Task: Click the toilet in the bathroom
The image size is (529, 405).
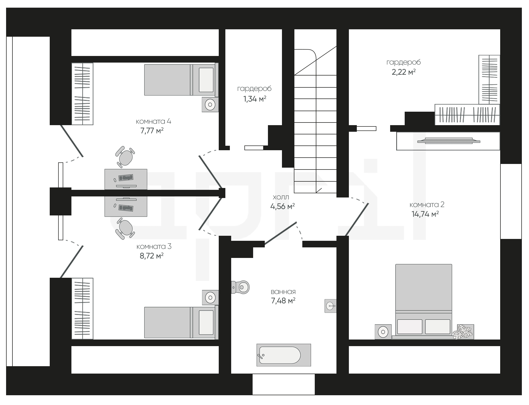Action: pyautogui.click(x=240, y=287)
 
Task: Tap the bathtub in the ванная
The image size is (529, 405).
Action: pyautogui.click(x=284, y=355)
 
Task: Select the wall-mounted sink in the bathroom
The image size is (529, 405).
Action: pyautogui.click(x=331, y=306)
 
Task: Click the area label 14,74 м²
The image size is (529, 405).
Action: pyautogui.click(x=425, y=214)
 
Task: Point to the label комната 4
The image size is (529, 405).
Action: pyautogui.click(x=153, y=121)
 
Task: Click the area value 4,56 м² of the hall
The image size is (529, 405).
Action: pyautogui.click(x=282, y=206)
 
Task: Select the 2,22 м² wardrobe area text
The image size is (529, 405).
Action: pyautogui.click(x=404, y=72)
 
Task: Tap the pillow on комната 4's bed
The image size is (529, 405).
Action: pyautogui.click(x=206, y=80)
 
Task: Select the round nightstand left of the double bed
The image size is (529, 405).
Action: pyautogui.click(x=383, y=332)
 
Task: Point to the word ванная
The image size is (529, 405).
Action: pyautogui.click(x=283, y=292)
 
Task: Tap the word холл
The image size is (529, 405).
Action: pyautogui.click(x=281, y=197)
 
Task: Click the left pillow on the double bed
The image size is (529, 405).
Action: pyautogui.click(x=410, y=327)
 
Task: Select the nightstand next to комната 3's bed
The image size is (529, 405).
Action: pyautogui.click(x=210, y=298)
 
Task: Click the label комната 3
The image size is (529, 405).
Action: pyautogui.click(x=154, y=247)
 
